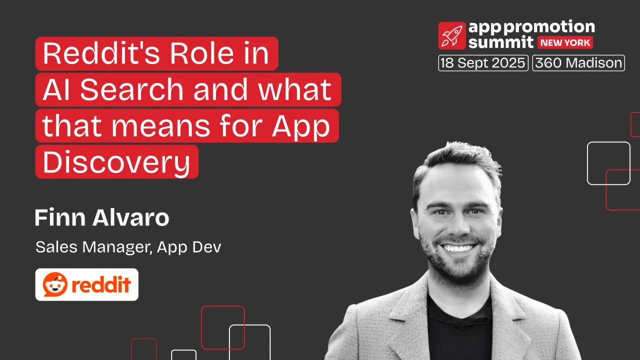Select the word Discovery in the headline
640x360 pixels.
116,162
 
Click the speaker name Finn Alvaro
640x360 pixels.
102,218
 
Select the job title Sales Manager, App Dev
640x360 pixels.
128,247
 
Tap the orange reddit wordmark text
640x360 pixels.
101,285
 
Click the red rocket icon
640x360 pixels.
452,35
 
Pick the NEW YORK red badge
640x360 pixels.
566,42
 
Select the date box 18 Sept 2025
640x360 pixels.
483,63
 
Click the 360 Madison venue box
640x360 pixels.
578,63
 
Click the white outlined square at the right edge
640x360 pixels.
608,163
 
